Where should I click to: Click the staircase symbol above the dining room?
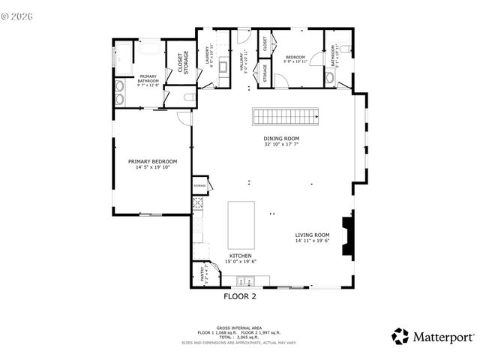tap(284, 116)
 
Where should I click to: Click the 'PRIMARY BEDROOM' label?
tap(152, 161)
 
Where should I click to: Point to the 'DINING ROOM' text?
tap(281, 139)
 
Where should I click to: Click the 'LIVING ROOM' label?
tap(312, 235)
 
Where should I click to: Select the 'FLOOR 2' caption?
tap(240, 296)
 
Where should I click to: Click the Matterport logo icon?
tap(400, 337)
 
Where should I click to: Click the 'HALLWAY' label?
tap(242, 60)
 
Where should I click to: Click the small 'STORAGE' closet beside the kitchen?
tap(200, 185)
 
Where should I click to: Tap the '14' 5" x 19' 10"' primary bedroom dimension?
tap(152, 167)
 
